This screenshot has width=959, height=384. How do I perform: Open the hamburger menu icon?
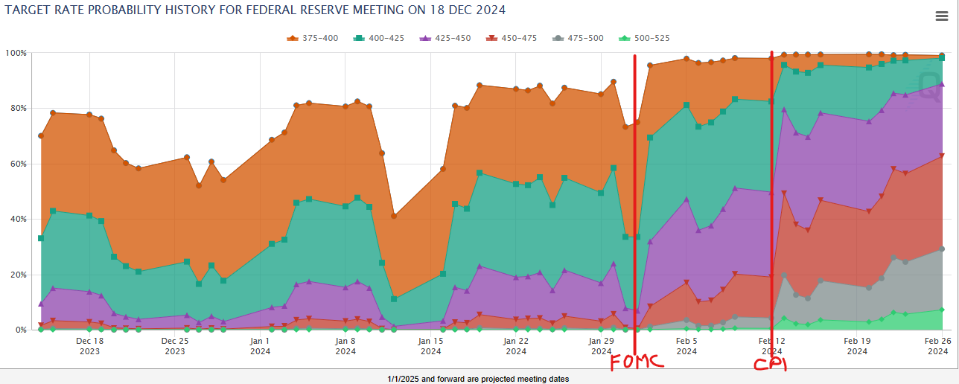tap(941, 17)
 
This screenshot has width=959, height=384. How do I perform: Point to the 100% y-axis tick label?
tap(16, 54)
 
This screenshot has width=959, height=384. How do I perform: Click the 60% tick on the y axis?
tap(18, 164)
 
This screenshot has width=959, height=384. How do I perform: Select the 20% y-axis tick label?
tap(18, 275)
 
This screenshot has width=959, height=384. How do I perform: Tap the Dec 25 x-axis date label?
tap(175, 345)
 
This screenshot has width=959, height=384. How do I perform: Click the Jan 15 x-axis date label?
tap(430, 345)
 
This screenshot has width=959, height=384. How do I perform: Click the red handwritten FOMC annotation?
tap(634, 362)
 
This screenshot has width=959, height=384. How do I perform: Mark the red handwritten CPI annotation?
tap(770, 364)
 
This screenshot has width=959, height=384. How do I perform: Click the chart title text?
tap(255, 10)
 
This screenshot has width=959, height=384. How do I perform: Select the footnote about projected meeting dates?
tap(478, 379)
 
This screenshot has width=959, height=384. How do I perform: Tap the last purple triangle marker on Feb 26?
tap(942, 84)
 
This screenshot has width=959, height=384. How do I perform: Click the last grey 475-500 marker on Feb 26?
tap(942, 249)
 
